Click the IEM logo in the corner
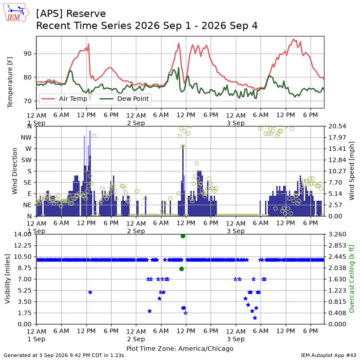[x=16, y=13]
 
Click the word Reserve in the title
[x=86, y=14]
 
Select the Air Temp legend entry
[x=64, y=99]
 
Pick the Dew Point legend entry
[x=124, y=99]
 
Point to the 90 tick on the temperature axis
[x=27, y=54]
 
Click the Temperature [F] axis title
[x=10, y=82]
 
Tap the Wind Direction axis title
[x=15, y=171]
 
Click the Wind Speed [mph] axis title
[x=351, y=171]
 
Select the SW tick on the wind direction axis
[x=26, y=160]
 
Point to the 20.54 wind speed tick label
[x=337, y=126]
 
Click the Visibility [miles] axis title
[x=8, y=279]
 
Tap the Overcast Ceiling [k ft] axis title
[x=351, y=279]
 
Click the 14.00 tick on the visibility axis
[x=22, y=234]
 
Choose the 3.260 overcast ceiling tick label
[x=337, y=234]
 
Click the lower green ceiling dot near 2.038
[x=182, y=269]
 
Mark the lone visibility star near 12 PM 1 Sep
[x=90, y=292]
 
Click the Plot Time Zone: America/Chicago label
[x=180, y=348]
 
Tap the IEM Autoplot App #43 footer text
[x=328, y=355]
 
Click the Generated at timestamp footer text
[x=64, y=355]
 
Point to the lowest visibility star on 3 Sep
[x=255, y=318]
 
